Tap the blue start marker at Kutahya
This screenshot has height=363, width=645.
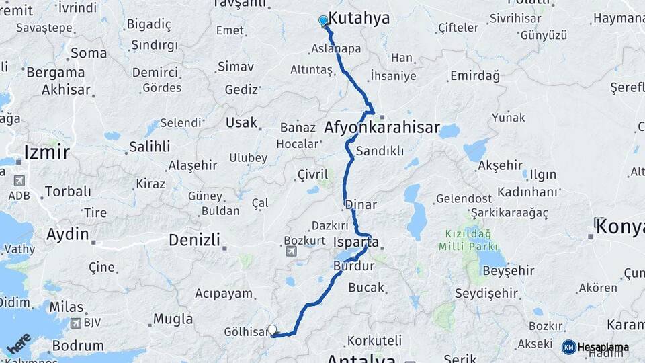pos(323,21)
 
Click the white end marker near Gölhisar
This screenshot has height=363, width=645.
pos(272,329)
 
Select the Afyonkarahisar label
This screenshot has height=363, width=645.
pos(382,128)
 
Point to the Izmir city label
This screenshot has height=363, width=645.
pos(46,152)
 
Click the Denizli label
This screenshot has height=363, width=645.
pos(194,239)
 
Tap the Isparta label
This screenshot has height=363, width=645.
pos(356,242)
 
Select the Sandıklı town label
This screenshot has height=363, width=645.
pos(380,151)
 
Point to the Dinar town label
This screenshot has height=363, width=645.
pos(361,204)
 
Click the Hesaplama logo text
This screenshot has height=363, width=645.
pos(603,347)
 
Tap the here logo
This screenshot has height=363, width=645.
pos(19,343)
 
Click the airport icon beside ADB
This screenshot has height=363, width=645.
pos(18,181)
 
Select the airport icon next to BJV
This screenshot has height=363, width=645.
pos(76,323)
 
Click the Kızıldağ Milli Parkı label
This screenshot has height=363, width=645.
pos(464,240)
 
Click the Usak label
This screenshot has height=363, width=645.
pos(241,122)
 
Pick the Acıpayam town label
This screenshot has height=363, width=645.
pos(224,293)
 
